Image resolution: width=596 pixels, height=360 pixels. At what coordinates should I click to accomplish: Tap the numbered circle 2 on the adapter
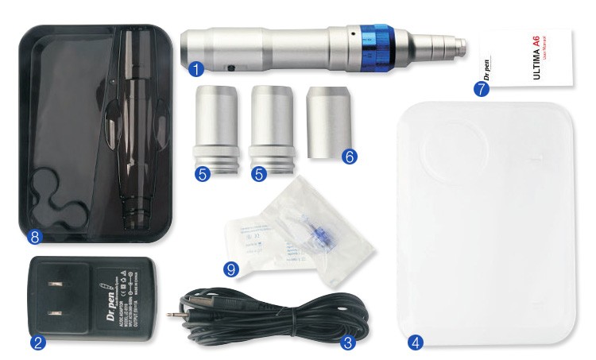tap(37, 343)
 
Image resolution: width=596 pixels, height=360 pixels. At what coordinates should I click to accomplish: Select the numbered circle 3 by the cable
tap(346, 343)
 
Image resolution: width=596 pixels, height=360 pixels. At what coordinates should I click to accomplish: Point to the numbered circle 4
tap(414, 343)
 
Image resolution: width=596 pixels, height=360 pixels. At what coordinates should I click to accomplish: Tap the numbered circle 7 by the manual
tap(480, 89)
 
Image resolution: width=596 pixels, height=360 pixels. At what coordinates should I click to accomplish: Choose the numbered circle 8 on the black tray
tap(33, 236)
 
